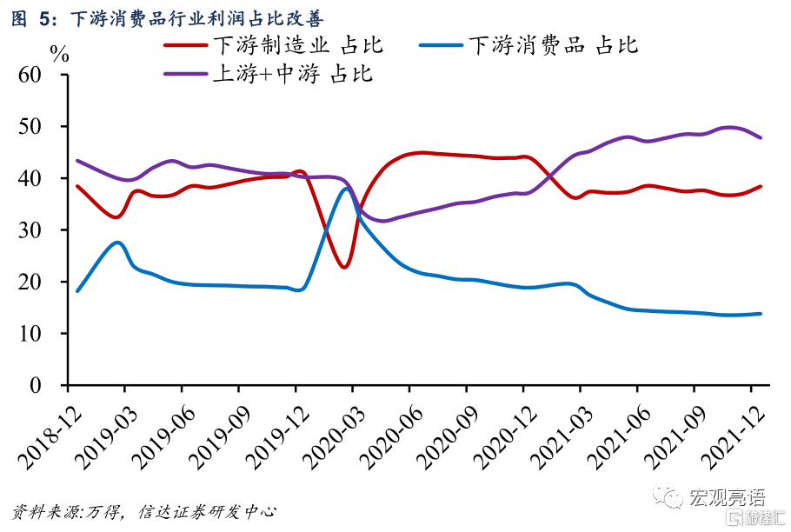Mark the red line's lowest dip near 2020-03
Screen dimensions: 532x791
344,267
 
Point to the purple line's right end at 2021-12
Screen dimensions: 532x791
761,137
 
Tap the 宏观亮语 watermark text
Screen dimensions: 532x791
727,498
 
